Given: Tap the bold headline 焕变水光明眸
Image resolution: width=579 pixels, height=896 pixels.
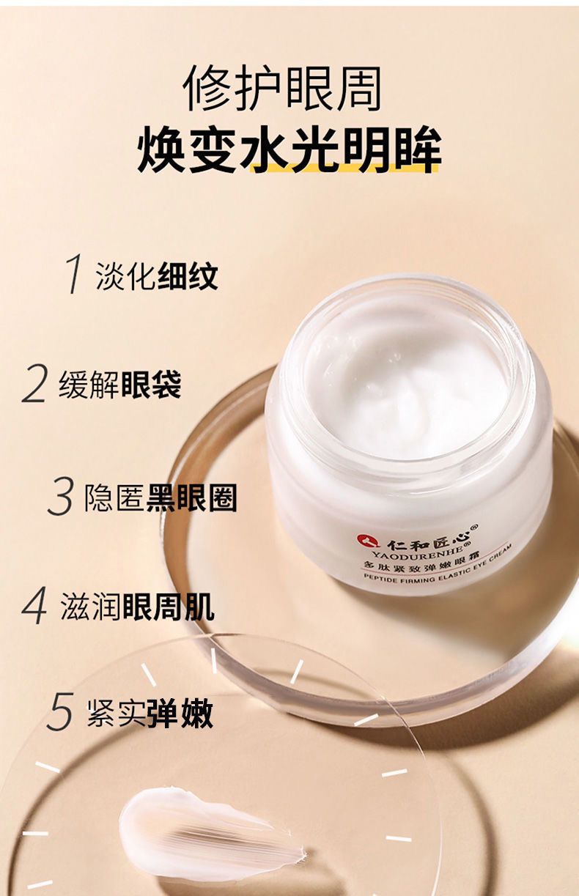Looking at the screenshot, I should tap(289, 149).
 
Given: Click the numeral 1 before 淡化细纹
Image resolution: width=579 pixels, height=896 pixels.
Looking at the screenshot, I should tap(73, 274).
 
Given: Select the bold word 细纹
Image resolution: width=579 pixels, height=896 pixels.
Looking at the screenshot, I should tap(188, 276).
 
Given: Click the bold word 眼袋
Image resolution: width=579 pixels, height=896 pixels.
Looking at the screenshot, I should tap(150, 385).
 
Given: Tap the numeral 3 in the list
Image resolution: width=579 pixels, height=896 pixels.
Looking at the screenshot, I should tap(60, 497).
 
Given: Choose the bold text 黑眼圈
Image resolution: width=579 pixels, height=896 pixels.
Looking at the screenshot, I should tap(191, 497).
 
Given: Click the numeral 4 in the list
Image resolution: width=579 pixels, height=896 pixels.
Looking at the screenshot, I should tap(34, 607).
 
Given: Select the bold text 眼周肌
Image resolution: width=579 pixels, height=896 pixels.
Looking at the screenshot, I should tap(169, 607).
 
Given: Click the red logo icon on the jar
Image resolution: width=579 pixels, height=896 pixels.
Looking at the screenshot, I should tap(364, 541).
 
